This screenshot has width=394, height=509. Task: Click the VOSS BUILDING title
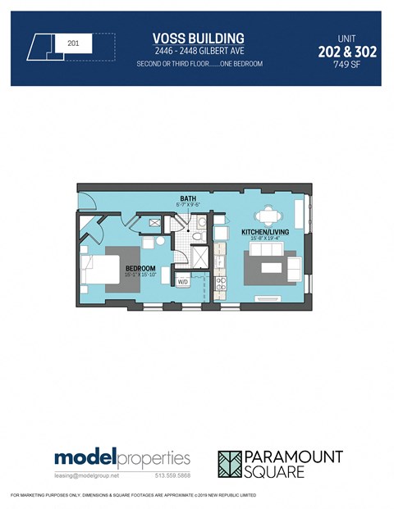(199, 38)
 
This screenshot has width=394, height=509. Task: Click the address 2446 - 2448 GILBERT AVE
(199, 51)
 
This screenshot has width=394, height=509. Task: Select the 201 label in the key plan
(73, 42)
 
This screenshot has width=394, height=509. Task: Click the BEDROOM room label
(140, 268)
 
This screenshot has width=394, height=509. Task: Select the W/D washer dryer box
(184, 283)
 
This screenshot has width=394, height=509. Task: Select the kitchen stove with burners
(220, 284)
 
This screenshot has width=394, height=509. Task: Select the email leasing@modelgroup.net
(87, 475)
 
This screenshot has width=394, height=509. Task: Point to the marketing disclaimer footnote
(133, 496)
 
